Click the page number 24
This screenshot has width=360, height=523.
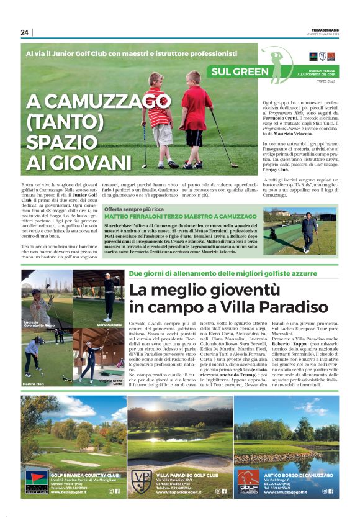point(25,32)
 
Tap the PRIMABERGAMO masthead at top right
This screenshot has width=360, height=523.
point(323,29)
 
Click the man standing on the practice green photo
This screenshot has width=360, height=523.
point(308,230)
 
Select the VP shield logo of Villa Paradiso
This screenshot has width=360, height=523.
point(142,480)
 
